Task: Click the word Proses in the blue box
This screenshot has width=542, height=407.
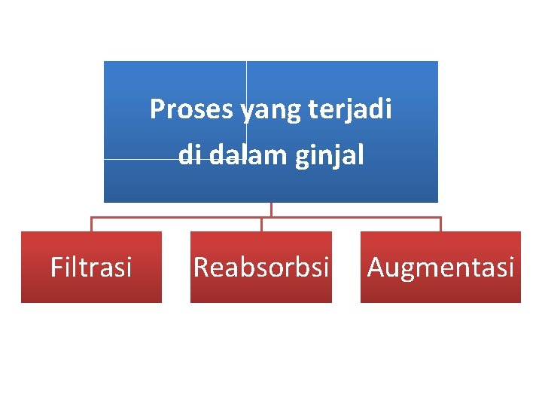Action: (192, 110)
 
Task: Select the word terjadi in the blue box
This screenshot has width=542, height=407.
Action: (351, 111)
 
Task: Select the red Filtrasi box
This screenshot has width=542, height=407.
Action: (91, 267)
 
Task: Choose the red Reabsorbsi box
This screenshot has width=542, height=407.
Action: (261, 267)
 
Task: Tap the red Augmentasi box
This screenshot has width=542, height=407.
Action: (440, 267)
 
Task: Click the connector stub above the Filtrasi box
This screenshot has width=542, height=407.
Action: (91, 225)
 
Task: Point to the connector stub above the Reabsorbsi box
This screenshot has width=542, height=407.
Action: (261, 225)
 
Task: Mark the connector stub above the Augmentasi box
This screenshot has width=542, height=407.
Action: (440, 225)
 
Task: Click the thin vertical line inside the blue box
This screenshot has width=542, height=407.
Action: (246, 83)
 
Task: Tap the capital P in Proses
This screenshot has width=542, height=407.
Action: (157, 110)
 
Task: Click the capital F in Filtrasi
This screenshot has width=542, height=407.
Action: (55, 267)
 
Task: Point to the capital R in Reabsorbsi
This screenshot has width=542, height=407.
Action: (201, 267)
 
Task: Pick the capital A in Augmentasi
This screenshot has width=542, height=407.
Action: (375, 267)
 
